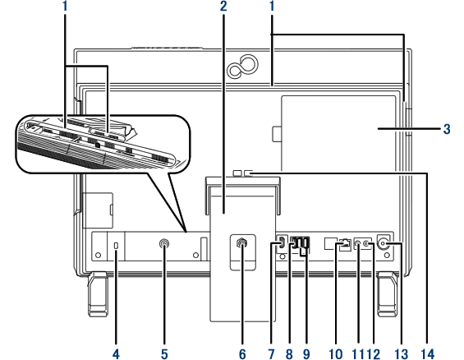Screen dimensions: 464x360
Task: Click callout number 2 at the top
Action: tap(223, 7)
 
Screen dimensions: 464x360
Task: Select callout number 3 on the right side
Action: tap(447, 129)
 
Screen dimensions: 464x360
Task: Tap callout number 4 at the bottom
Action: tap(116, 353)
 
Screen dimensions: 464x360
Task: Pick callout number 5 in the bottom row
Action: tap(164, 353)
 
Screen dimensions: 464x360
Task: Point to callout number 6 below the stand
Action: tap(242, 353)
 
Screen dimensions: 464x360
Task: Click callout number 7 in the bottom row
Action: tap(271, 353)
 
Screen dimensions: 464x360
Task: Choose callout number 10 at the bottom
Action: tap(336, 353)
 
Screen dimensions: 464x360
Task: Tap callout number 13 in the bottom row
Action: tap(402, 353)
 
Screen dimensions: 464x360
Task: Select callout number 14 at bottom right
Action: tap(428, 353)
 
